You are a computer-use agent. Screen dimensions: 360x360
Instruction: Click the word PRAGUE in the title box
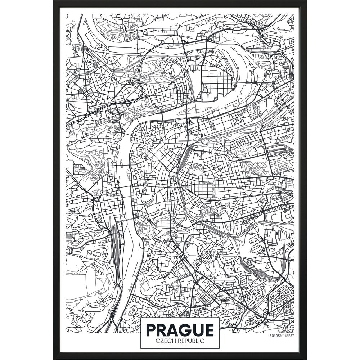(180, 330)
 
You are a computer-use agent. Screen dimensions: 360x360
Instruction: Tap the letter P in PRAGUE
(152, 330)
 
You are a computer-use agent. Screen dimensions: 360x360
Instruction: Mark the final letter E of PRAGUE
(209, 330)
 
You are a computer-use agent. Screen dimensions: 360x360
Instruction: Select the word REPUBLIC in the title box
(190, 341)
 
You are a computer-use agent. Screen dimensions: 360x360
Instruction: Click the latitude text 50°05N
(275, 336)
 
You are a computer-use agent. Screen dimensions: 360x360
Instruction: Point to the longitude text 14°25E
(288, 336)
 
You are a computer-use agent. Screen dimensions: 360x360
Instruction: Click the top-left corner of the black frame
(54, 1)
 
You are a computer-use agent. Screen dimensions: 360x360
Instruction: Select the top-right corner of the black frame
(306, 1)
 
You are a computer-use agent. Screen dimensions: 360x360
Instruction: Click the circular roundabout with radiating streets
(86, 93)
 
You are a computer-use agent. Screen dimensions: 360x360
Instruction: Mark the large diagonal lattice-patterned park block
(256, 168)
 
